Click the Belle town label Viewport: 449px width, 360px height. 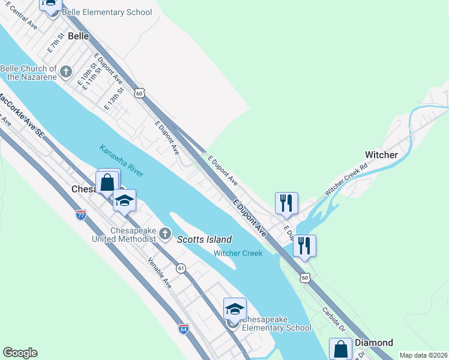pos(78,36)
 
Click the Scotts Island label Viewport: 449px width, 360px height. pos(204,239)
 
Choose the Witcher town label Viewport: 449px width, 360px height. pos(381,155)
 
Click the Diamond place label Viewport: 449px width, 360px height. pos(374,343)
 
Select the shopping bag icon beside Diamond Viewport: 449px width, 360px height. pos(340,348)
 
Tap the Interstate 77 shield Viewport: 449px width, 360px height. pos(81,215)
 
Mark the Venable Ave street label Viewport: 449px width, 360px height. pos(160,273)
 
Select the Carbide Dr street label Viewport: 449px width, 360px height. pos(333,320)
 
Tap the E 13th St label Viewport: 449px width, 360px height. pos(113,98)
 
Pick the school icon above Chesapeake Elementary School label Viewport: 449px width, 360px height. pos(235,309)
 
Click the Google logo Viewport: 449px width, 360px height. pos(20,353)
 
